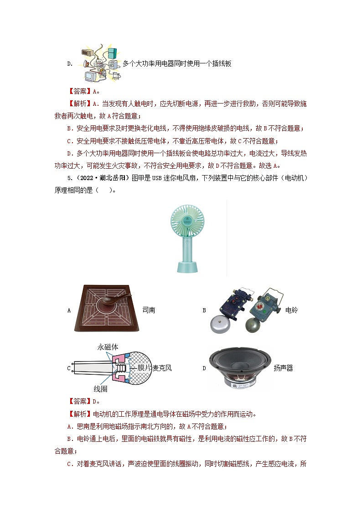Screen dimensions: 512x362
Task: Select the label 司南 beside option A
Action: point(149,310)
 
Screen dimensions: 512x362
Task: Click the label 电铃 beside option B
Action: point(291,310)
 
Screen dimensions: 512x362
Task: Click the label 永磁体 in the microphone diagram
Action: point(108,347)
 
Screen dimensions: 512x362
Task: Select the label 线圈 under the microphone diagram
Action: point(101,389)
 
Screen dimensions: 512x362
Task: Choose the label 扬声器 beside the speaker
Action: point(283,368)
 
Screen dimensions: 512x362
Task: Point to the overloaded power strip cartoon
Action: point(101,63)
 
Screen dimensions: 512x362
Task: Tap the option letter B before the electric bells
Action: point(204,310)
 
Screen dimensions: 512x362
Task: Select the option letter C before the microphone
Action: point(69,368)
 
